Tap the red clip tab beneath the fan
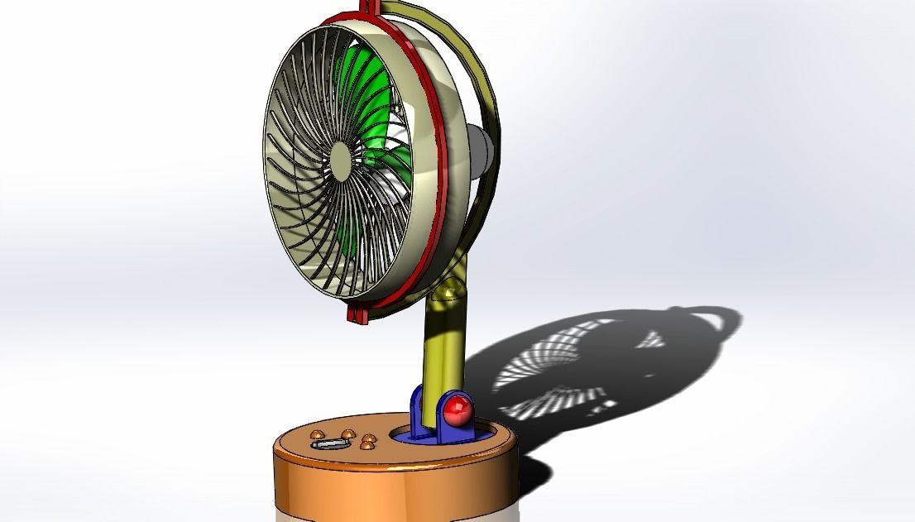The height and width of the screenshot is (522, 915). tap(357, 316)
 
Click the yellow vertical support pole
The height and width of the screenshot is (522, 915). tap(442, 347)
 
